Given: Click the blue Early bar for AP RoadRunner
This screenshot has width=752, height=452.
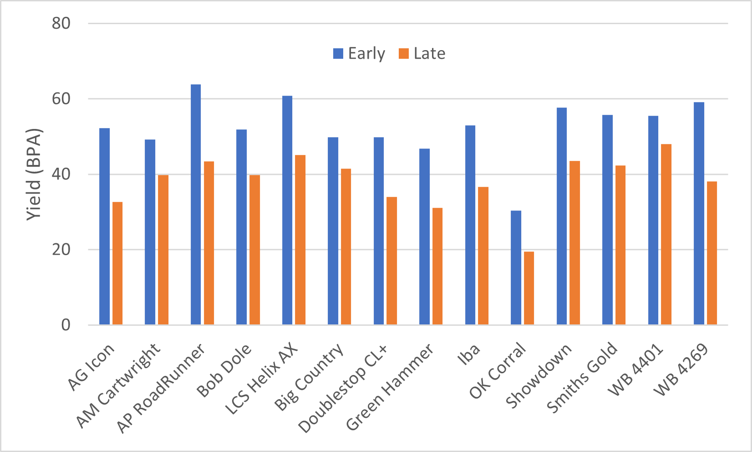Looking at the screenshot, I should pyautogui.click(x=196, y=205).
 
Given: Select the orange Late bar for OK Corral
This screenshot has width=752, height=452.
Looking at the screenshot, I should pyautogui.click(x=529, y=288).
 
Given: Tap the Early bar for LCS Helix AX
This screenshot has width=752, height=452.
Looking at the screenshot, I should pyautogui.click(x=287, y=210).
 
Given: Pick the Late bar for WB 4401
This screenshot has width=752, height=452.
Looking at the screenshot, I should pyautogui.click(x=666, y=234).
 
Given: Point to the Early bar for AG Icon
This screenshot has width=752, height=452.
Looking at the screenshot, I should pyautogui.click(x=105, y=226).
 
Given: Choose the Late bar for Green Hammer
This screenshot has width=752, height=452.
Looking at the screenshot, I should pyautogui.click(x=437, y=266).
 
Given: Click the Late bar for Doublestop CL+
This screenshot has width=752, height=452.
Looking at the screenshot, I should pyautogui.click(x=391, y=261).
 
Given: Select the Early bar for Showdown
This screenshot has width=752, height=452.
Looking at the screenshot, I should pyautogui.click(x=562, y=216).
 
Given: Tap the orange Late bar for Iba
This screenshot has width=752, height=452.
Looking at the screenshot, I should pyautogui.click(x=483, y=256).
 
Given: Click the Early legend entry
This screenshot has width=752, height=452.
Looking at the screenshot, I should pyautogui.click(x=359, y=54).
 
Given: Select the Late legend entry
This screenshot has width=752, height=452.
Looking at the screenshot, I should pyautogui.click(x=422, y=54).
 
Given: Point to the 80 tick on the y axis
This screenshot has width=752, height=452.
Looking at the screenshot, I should pyautogui.click(x=61, y=23).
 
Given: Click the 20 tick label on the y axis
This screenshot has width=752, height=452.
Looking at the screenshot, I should pyautogui.click(x=61, y=250).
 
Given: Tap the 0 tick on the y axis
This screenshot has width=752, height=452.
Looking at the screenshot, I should pyautogui.click(x=66, y=325).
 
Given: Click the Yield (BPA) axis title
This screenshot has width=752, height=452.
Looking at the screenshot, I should pyautogui.click(x=34, y=175).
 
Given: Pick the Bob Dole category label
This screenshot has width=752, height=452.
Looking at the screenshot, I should pyautogui.click(x=224, y=370).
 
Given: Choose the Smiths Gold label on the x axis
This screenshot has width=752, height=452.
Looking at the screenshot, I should pyautogui.click(x=583, y=378).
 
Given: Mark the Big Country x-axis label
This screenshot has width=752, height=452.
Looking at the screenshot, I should pyautogui.click(x=310, y=378).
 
